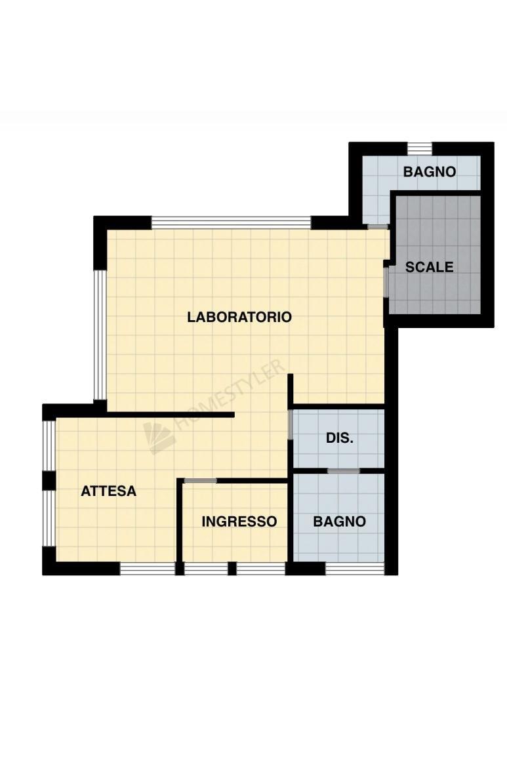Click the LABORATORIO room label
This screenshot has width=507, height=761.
[239, 317]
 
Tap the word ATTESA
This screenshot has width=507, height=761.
[108, 491]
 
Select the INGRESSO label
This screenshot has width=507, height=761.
[239, 522]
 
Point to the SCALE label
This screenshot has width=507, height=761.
[430, 267]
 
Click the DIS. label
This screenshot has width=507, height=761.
[340, 438]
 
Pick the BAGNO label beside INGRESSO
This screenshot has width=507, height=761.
[340, 522]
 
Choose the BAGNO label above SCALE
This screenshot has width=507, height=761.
[430, 172]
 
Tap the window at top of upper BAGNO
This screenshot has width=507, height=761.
[419, 148]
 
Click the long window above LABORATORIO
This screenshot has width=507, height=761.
[231, 222]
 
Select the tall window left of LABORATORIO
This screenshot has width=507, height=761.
[100, 335]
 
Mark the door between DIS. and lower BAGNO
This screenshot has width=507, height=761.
[344, 471]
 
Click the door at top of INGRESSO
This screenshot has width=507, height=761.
[201, 480]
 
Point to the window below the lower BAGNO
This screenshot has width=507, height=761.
[355, 569]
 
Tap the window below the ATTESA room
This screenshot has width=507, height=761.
[147, 569]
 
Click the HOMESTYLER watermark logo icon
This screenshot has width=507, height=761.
[159, 438]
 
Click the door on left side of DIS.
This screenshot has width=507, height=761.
[291, 424]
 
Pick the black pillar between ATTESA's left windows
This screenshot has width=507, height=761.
[49, 480]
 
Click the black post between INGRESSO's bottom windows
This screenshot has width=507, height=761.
[232, 569]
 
